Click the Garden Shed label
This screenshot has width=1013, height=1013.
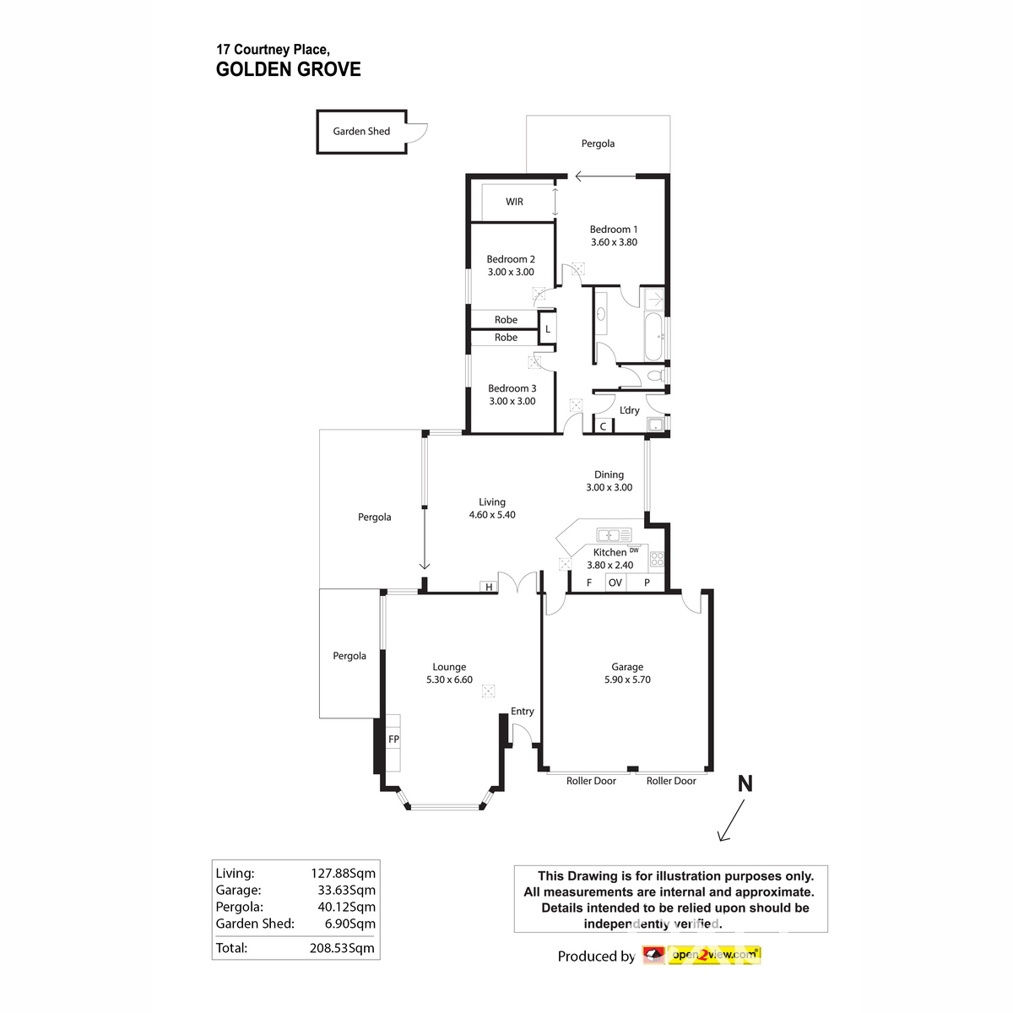[361, 132]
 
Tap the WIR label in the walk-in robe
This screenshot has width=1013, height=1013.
[514, 202]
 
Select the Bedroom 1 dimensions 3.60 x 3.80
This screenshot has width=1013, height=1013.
[614, 242]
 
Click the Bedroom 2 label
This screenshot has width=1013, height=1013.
[511, 259]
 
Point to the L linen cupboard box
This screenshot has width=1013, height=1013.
[547, 329]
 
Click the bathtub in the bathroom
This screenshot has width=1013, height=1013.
[653, 338]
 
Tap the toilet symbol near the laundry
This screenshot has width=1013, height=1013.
[655, 376]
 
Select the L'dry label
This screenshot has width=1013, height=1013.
[630, 410]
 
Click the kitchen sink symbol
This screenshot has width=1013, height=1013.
[614, 535]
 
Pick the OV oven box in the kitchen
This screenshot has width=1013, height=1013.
[615, 582]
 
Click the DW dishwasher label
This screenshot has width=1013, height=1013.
[634, 550]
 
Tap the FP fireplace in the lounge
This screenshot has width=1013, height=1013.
[393, 739]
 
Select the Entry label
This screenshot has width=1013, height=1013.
[523, 712]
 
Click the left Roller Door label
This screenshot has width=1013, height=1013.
[591, 782]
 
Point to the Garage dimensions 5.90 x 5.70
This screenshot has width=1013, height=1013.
[627, 680]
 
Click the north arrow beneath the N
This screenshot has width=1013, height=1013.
[731, 821]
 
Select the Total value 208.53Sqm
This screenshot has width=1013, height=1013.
[342, 948]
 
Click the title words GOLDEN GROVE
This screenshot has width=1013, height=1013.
[289, 70]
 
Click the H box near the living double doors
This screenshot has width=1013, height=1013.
[489, 587]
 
